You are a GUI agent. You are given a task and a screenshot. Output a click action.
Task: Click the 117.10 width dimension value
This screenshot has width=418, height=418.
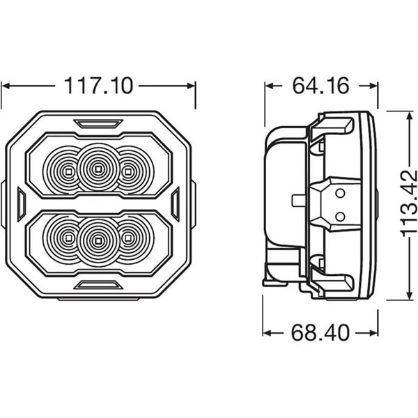click(x=98, y=86)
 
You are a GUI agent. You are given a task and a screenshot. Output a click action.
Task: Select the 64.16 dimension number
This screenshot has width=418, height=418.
click(x=320, y=86)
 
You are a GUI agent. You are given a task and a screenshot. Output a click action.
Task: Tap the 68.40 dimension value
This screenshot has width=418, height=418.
click(x=320, y=333)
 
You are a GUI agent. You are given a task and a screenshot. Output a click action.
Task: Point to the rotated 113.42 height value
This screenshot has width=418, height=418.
click(x=409, y=203)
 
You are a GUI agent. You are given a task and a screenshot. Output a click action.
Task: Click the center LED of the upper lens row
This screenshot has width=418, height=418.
click(x=98, y=169)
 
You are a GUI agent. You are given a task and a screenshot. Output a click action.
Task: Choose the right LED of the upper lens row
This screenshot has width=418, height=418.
click(x=128, y=171)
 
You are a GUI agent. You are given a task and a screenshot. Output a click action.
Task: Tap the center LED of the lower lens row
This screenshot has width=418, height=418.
click(x=98, y=241)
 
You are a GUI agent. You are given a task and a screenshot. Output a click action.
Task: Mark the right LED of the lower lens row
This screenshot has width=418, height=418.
click(x=128, y=238)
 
